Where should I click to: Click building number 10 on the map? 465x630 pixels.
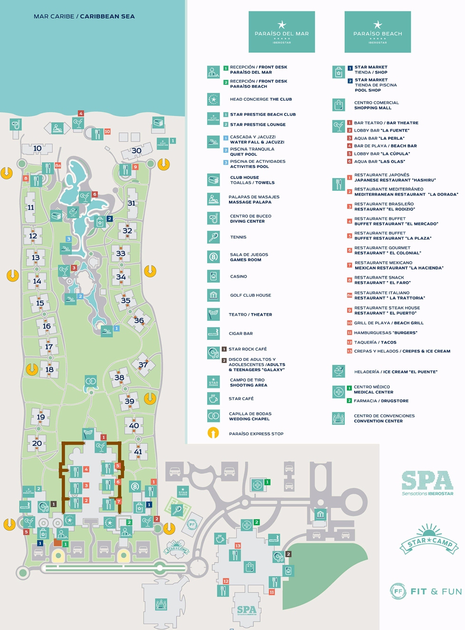(x=37, y=149)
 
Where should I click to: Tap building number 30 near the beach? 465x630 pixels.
(x=136, y=151)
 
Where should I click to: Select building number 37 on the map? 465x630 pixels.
(x=142, y=365)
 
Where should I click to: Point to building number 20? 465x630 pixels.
(x=37, y=443)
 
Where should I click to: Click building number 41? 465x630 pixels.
(x=138, y=451)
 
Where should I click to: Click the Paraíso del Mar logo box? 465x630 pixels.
(x=282, y=32)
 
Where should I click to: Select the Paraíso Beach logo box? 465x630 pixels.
(x=378, y=32)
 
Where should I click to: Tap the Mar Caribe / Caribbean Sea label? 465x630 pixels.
(x=84, y=16)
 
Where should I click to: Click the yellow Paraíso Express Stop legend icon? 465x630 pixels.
(x=213, y=433)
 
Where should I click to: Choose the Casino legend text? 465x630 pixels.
(x=238, y=276)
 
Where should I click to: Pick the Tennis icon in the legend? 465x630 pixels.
(x=213, y=237)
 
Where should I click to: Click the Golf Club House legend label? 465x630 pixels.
(x=250, y=295)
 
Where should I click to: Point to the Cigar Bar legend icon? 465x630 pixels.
(x=213, y=333)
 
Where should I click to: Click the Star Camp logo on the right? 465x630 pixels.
(x=429, y=540)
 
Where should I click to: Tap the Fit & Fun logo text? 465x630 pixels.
(x=436, y=592)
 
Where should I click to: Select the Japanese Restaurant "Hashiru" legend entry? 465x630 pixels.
(x=394, y=178)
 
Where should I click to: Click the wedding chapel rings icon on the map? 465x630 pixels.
(x=91, y=381)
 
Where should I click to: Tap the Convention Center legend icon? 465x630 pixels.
(x=338, y=418)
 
